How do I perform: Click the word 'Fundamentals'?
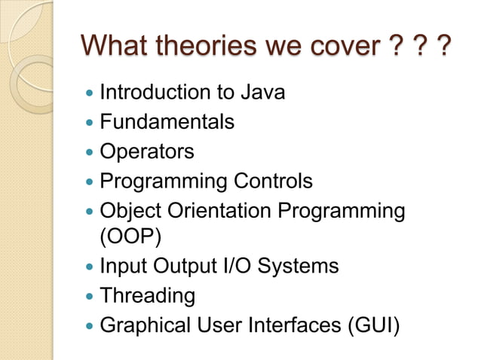tap(167, 121)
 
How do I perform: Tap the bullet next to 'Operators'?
tap(90, 152)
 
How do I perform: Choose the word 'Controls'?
tap(272, 181)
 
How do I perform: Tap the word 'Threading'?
tap(148, 295)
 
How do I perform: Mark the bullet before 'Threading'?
tap(90, 296)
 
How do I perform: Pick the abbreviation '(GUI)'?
tap(372, 325)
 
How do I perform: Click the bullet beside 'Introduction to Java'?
tap(90, 94)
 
